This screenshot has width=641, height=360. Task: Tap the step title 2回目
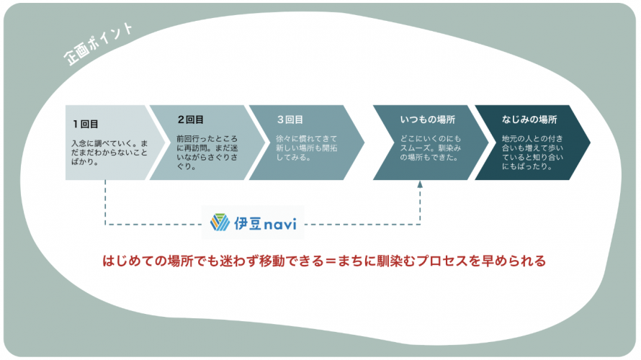coord(190,120)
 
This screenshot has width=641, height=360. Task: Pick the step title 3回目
coord(290,120)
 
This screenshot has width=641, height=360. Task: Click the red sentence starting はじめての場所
coord(323,261)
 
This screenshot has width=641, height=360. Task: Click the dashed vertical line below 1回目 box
coord(105,202)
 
